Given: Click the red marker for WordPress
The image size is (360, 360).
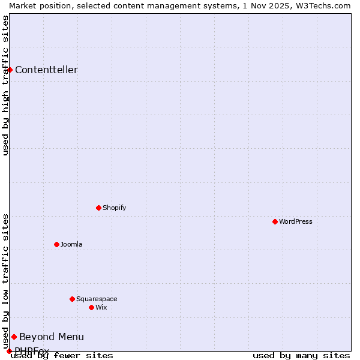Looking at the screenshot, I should click(x=275, y=221).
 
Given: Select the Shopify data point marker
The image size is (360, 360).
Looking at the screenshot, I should click(x=98, y=208).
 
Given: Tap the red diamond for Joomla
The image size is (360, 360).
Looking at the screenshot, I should click(x=56, y=244).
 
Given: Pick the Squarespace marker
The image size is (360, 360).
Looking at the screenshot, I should click(x=72, y=299).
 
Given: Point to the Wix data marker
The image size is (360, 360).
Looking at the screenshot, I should click(x=91, y=307).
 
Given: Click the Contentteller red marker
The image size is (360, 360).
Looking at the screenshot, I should click(x=10, y=70).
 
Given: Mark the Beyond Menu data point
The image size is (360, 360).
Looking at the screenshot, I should click(x=14, y=337).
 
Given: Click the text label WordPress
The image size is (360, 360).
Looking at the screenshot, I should click(x=296, y=221).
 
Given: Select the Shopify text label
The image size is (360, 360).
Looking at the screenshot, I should click(x=115, y=208).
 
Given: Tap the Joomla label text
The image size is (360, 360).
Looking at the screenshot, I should click(x=71, y=244).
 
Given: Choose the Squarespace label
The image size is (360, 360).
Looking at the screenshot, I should click(x=97, y=299).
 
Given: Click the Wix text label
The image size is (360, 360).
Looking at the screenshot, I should click(x=101, y=307).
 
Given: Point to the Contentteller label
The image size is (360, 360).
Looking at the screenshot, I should click(x=46, y=70).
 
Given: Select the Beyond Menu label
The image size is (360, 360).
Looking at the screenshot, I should click(x=52, y=337).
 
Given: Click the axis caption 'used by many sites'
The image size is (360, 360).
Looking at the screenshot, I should click(x=301, y=355).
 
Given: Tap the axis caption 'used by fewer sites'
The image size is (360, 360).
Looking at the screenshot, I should click(x=62, y=355).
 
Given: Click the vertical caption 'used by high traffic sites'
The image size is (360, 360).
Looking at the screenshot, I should click(x=5, y=85).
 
